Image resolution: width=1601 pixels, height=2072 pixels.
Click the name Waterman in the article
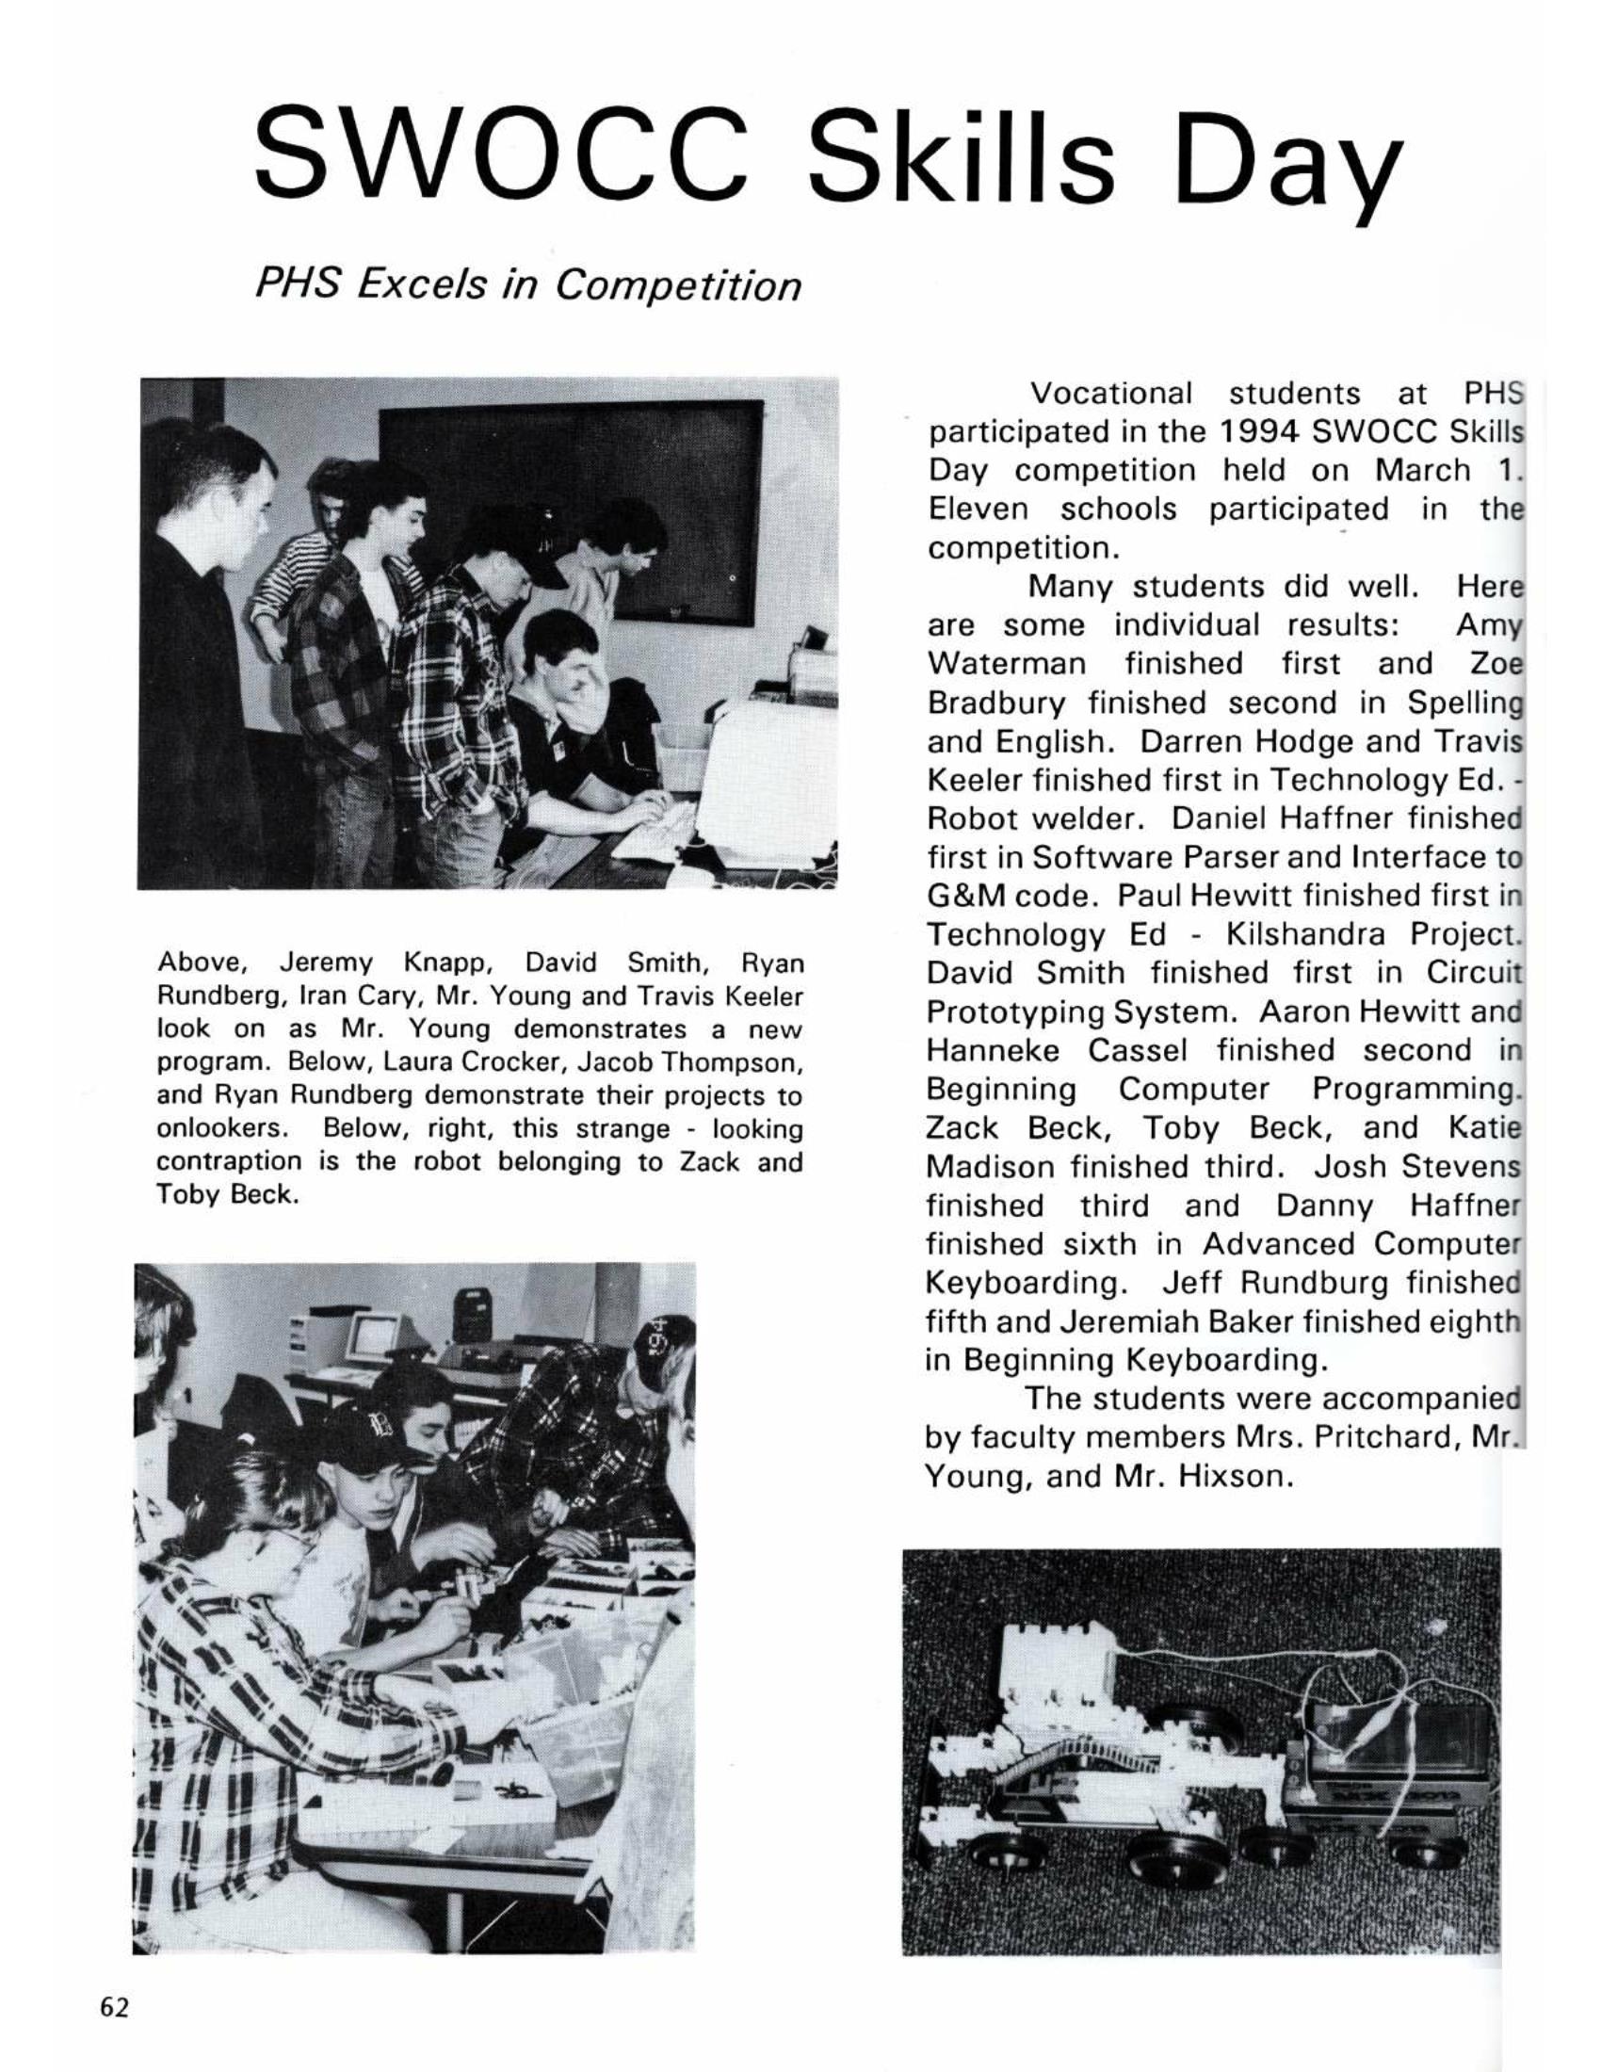1006,663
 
